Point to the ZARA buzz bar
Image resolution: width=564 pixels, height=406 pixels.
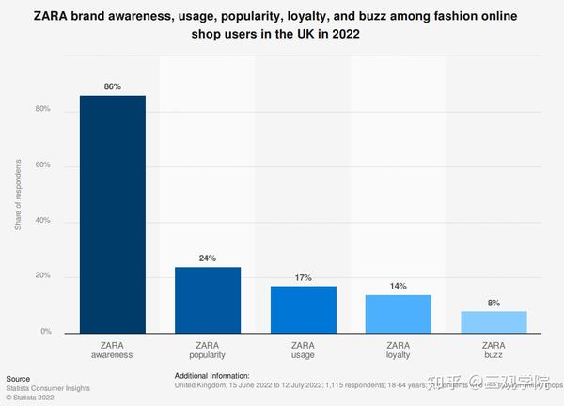tap(494, 321)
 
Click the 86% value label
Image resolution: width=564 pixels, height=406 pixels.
tap(112, 86)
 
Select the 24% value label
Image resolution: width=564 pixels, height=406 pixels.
tap(208, 258)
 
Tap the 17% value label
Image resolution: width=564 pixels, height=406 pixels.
tap(304, 276)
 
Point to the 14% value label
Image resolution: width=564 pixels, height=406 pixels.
tap(399, 285)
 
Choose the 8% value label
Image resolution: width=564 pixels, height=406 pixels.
tap(494, 302)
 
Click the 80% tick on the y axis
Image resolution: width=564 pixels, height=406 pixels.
tap(42, 111)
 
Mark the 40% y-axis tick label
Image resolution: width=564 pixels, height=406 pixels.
tap(42, 222)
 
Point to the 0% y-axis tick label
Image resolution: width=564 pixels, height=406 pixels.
tap(45, 332)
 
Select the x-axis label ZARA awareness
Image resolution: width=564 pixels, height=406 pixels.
tap(112, 351)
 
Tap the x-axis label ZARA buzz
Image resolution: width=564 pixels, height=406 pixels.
tap(494, 351)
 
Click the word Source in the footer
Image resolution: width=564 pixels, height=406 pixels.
tap(18, 375)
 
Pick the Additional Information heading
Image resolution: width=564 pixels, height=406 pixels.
tap(212, 375)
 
